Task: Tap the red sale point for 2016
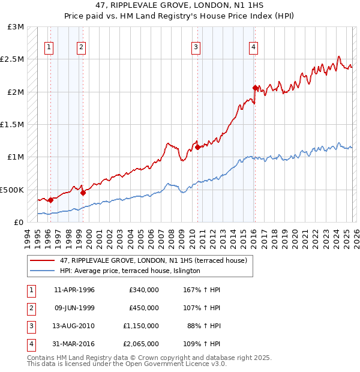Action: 255,88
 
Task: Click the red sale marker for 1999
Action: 83,193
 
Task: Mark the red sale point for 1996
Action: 50,200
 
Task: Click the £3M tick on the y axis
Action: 16,28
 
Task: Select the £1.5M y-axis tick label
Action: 13,125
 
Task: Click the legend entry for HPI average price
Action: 130,271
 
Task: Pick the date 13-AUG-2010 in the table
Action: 74,326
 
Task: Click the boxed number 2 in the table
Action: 29,308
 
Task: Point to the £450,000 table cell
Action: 144,308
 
